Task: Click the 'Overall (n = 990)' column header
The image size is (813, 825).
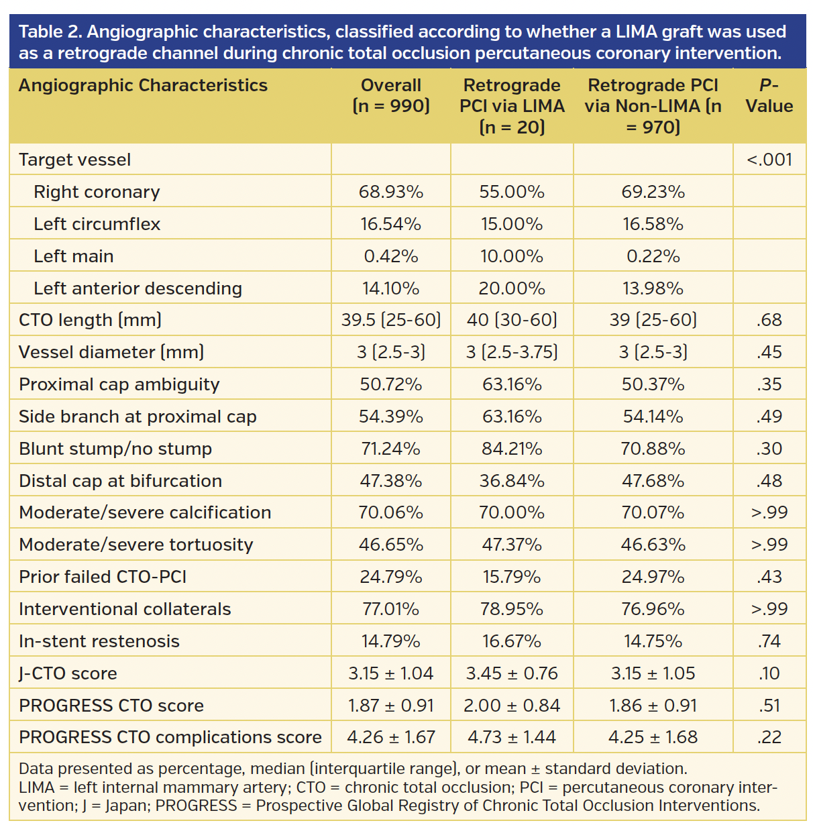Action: click(391, 95)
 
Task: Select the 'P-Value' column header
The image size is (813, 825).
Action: click(769, 95)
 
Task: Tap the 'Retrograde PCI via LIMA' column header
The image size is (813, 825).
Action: click(512, 105)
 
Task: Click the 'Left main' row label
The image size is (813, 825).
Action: click(74, 256)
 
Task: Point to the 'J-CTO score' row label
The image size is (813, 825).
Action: click(68, 673)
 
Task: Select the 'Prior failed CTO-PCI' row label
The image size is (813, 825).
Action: click(103, 577)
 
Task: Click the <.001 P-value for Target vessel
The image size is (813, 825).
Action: click(769, 160)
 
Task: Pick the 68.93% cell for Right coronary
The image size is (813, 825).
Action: click(391, 192)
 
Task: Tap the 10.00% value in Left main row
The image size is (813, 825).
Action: click(512, 256)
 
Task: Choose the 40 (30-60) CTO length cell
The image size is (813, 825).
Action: click(512, 320)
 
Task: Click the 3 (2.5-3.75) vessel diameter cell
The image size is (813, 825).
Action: click(512, 352)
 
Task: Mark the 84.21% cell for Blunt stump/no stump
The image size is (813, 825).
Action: click(512, 449)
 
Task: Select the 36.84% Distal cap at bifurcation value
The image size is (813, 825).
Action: click(512, 481)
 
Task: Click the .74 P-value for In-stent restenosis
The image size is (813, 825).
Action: click(769, 641)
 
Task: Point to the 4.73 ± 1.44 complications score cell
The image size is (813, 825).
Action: click(512, 737)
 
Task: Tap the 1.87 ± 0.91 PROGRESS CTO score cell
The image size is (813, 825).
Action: click(391, 706)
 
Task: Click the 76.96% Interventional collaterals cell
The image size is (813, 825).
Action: click(653, 609)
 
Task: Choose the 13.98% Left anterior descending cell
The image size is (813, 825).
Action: click(653, 288)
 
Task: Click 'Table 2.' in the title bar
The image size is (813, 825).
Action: click(50, 32)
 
